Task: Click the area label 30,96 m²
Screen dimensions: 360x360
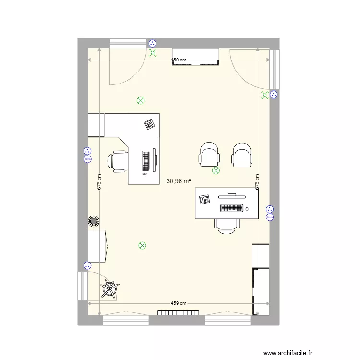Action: [179, 181]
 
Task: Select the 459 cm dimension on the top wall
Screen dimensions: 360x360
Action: [180, 60]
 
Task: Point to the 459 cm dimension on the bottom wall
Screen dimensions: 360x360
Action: [180, 303]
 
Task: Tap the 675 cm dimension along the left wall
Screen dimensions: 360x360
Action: [99, 182]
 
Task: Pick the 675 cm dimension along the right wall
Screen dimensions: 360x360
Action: [258, 182]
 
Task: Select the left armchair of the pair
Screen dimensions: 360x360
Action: [210, 154]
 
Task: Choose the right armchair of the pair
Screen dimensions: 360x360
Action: [242, 154]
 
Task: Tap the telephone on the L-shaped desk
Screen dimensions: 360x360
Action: [150, 124]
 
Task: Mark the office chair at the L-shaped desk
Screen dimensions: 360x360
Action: [119, 161]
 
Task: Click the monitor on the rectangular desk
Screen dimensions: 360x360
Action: [232, 195]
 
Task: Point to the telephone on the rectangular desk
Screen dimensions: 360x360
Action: [205, 198]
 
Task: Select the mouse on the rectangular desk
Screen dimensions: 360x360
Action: [247, 208]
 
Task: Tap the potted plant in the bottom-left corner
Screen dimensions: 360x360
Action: [110, 290]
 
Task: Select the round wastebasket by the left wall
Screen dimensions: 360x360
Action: [94, 221]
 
